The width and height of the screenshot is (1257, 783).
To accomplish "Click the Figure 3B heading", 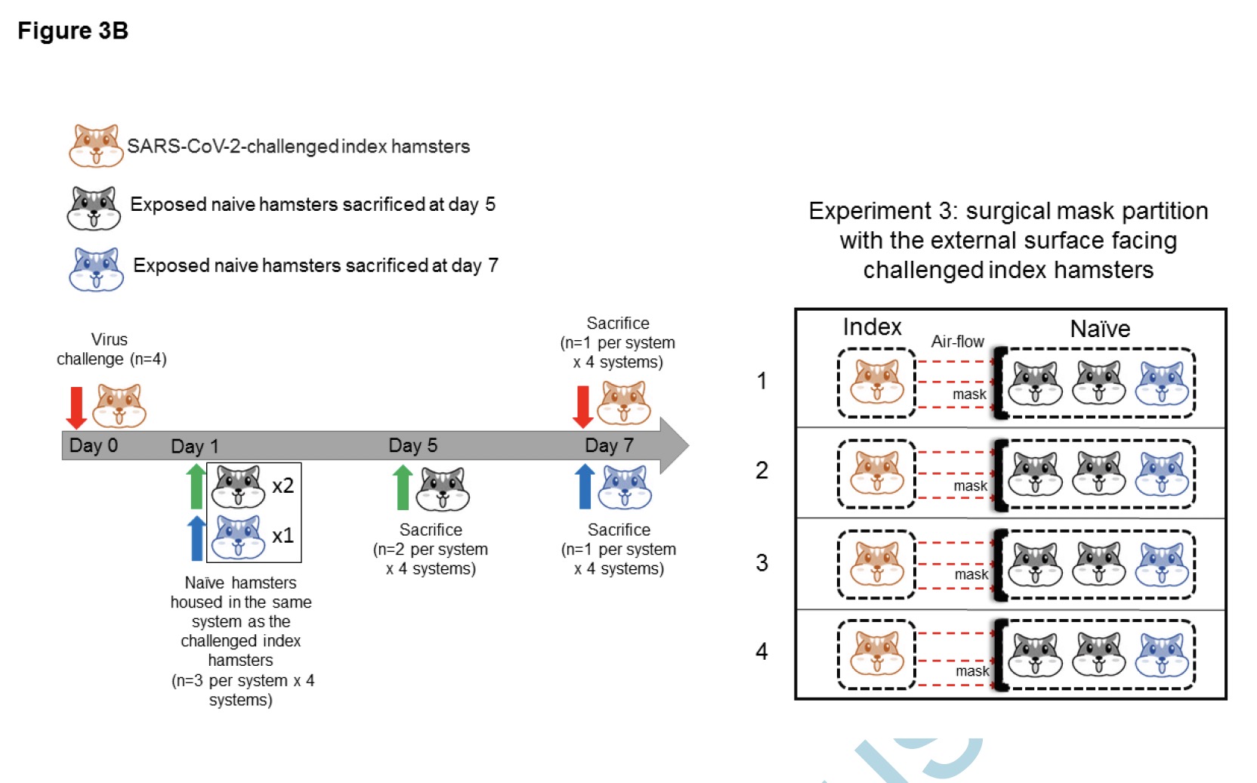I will pyautogui.click(x=73, y=31).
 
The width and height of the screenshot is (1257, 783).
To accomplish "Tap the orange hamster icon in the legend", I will pyautogui.click(x=96, y=146).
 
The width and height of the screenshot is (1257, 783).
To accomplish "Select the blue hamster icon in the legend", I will pyautogui.click(x=96, y=269).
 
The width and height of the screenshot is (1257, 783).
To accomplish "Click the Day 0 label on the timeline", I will pyautogui.click(x=93, y=445).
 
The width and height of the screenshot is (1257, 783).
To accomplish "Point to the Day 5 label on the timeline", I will pyautogui.click(x=412, y=445).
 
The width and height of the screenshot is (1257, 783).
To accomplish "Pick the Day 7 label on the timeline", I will pyautogui.click(x=609, y=445).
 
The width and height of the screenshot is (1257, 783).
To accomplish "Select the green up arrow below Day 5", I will pyautogui.click(x=403, y=487).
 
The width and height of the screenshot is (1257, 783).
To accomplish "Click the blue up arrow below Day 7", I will pyautogui.click(x=585, y=486).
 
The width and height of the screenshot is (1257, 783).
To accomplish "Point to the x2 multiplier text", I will pyautogui.click(x=283, y=485).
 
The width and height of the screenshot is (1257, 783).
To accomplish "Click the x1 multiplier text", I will pyautogui.click(x=283, y=535).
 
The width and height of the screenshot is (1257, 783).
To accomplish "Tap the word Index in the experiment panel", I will pyautogui.click(x=872, y=327).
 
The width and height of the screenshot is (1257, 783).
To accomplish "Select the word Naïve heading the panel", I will pyautogui.click(x=1100, y=329).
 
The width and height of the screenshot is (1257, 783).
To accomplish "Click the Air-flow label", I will pyautogui.click(x=957, y=342).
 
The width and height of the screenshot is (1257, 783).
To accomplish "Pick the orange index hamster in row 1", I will pyautogui.click(x=876, y=382).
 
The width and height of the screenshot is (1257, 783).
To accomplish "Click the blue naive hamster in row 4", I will pyautogui.click(x=1163, y=655).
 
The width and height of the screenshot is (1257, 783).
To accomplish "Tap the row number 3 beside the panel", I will pyautogui.click(x=761, y=562).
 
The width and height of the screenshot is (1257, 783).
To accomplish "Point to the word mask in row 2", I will pyautogui.click(x=970, y=486).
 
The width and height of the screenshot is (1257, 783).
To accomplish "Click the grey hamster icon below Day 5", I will pyautogui.click(x=443, y=489).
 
